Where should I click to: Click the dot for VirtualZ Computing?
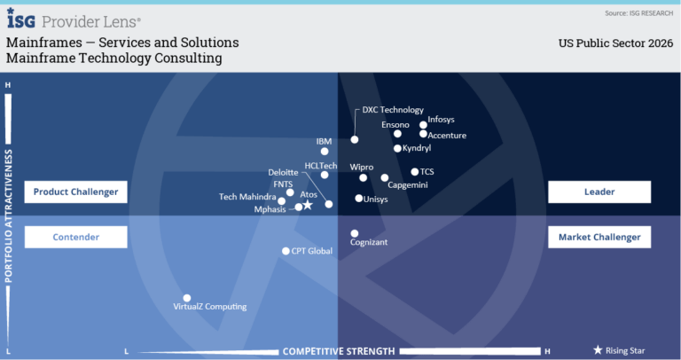click(x=187, y=298)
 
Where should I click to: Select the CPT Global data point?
click(x=286, y=251)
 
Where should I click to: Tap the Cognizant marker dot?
click(x=355, y=233)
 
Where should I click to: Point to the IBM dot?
click(x=325, y=152)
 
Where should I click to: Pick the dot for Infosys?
click(x=423, y=125)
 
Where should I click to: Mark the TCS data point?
click(x=414, y=172)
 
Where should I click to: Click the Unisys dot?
click(x=359, y=199)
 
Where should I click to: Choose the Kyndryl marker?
click(x=397, y=148)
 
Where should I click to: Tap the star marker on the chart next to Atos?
click(x=308, y=205)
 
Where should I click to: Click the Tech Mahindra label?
click(x=247, y=197)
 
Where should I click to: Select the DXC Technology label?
click(x=393, y=110)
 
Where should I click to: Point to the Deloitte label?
click(x=283, y=172)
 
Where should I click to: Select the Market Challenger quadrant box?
click(x=599, y=237)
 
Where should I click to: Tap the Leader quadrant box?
click(x=599, y=192)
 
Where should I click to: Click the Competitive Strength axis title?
click(x=339, y=352)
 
